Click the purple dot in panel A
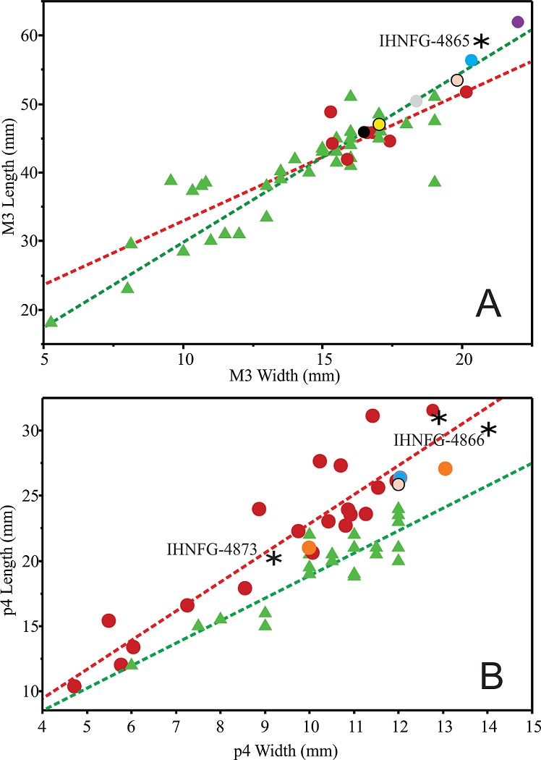pyautogui.click(x=518, y=22)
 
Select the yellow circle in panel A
pyautogui.click(x=379, y=124)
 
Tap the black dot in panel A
pyautogui.click(x=364, y=132)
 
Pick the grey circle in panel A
pyautogui.click(x=416, y=101)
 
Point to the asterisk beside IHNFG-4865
pyautogui.click(x=481, y=41)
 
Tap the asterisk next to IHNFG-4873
pyautogui.click(x=273, y=558)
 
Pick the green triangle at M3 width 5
pyautogui.click(x=51, y=321)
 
